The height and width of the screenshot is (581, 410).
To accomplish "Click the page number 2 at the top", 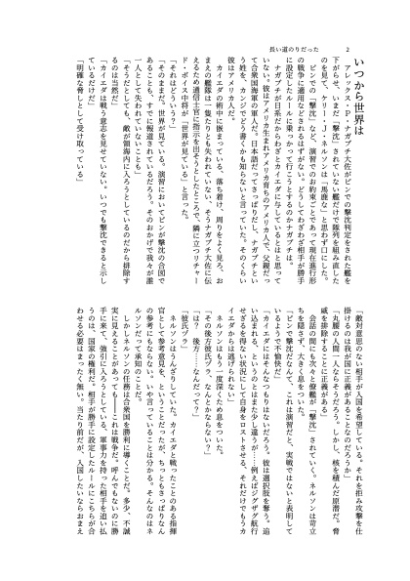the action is [x=348, y=45].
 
